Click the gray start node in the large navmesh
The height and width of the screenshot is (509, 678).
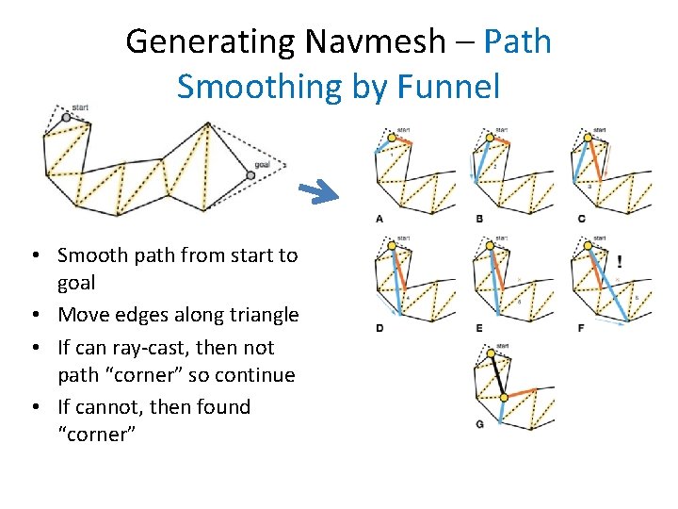click(66, 118)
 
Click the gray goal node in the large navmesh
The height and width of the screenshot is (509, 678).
click(250, 174)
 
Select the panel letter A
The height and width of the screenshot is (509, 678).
click(379, 219)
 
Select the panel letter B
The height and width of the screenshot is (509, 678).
click(479, 219)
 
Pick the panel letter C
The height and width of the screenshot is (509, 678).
click(581, 219)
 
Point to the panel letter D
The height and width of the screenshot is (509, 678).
click(379, 327)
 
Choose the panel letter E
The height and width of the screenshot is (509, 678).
click(479, 327)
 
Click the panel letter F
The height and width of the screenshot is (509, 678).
click(581, 327)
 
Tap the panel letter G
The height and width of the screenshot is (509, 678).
click(479, 425)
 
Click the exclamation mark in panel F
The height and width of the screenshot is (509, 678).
click(619, 261)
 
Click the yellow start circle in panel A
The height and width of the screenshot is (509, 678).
click(391, 138)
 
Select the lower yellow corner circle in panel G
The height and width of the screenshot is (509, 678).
click(504, 397)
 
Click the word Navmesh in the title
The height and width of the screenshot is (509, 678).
click(386, 41)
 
